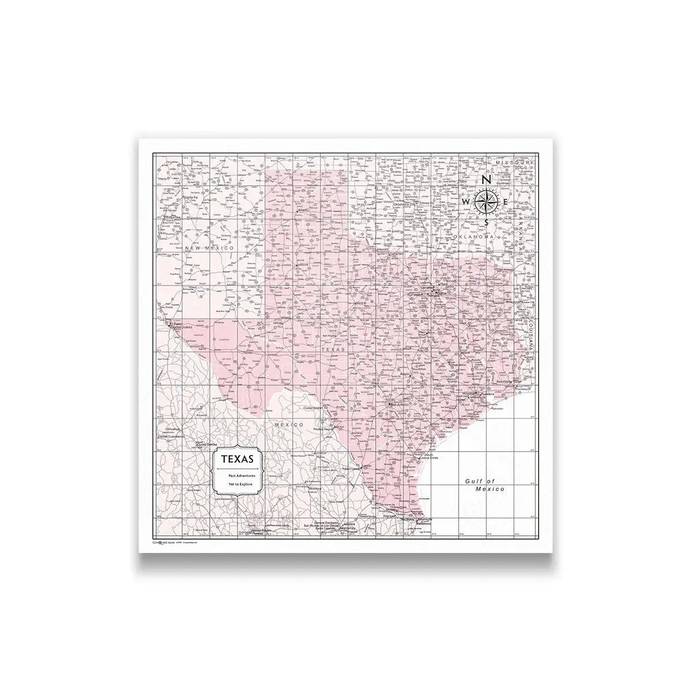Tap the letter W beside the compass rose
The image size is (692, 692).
coord(465,202)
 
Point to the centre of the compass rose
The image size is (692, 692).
coord(486,202)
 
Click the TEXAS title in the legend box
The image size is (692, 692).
coord(237,460)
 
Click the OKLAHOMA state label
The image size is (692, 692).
coord(474,237)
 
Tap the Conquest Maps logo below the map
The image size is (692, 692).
coord(162,543)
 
